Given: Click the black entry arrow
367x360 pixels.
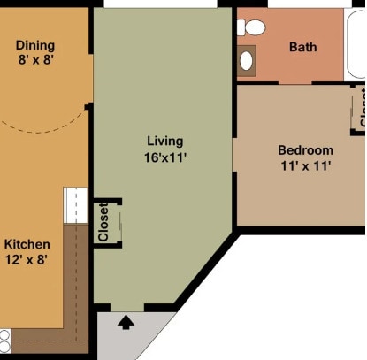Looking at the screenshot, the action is click(126, 322).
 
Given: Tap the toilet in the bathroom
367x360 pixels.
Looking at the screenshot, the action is click(251, 27).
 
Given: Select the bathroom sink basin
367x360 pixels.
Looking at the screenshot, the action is click(246, 61).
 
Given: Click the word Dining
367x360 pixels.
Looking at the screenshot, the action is click(35, 45).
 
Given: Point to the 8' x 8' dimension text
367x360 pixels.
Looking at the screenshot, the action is click(35, 59).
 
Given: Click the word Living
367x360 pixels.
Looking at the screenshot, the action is click(165, 141).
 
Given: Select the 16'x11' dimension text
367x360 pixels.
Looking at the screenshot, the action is click(165, 157).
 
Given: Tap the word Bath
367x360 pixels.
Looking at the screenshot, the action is click(303, 47).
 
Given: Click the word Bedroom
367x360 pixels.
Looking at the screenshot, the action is click(306, 150).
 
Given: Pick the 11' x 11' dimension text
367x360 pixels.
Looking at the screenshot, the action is click(306, 165).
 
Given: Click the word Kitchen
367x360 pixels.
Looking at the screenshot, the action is click(27, 244).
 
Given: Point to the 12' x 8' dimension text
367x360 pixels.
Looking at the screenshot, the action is click(27, 260).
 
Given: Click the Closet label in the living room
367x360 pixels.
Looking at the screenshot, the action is click(103, 222).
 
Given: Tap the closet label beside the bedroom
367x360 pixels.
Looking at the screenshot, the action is click(363, 108).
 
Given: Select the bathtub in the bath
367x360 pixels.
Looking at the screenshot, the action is click(356, 44).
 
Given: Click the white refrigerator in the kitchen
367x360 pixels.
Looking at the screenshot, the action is click(76, 205).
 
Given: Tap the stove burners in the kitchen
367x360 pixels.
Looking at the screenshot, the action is click(5, 341).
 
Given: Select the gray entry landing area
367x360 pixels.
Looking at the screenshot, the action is click(130, 334).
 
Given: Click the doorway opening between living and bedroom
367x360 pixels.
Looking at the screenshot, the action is click(234, 155).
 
